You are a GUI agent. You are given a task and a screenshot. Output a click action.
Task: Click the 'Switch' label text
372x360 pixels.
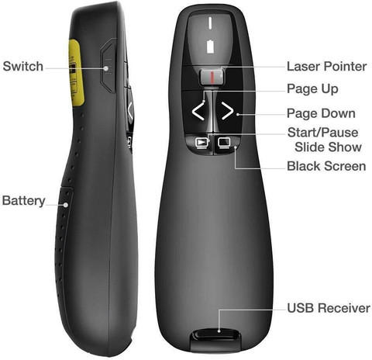tap(23, 66)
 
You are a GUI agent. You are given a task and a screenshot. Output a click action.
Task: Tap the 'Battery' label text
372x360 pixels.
tap(24, 201)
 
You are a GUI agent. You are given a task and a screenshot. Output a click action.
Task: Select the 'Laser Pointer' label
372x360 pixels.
tap(327, 67)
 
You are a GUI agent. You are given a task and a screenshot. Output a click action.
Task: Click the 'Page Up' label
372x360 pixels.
tap(312, 89)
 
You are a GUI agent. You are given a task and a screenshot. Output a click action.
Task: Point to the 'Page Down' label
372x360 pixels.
tap(321, 113)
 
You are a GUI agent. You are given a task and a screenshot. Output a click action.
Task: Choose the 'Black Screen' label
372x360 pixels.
tap(326, 166)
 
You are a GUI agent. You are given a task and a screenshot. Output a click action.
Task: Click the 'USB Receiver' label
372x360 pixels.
tap(329, 308)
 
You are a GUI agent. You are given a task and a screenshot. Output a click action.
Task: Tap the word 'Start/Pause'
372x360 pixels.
tap(323, 133)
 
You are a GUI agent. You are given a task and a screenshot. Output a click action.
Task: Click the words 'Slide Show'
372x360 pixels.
tap(328, 147)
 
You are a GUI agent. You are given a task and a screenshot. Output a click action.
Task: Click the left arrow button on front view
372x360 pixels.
tap(198, 111)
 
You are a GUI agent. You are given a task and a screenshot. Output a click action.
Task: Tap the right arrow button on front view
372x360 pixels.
tap(227, 111)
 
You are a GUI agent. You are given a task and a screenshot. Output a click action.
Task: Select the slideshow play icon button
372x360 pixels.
tap(201, 143)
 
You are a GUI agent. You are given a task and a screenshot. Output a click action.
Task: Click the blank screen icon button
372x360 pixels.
tap(224, 143)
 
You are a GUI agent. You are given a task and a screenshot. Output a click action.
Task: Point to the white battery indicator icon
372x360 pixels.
tap(211, 47)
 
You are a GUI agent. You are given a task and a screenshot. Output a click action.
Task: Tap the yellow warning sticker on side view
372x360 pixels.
tap(75, 73)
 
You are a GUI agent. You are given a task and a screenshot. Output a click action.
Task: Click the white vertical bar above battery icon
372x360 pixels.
tap(210, 22)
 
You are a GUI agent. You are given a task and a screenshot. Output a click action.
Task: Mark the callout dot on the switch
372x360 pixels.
tap(106, 68)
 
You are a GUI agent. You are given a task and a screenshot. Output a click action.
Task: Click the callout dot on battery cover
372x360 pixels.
tap(66, 205)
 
